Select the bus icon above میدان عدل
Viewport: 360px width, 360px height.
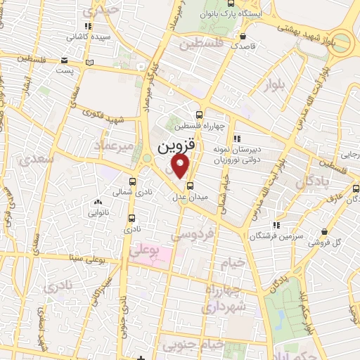tap(191, 186)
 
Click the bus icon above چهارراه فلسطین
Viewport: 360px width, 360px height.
tap(200, 115)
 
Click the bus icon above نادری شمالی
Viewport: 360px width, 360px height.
tap(131, 180)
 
